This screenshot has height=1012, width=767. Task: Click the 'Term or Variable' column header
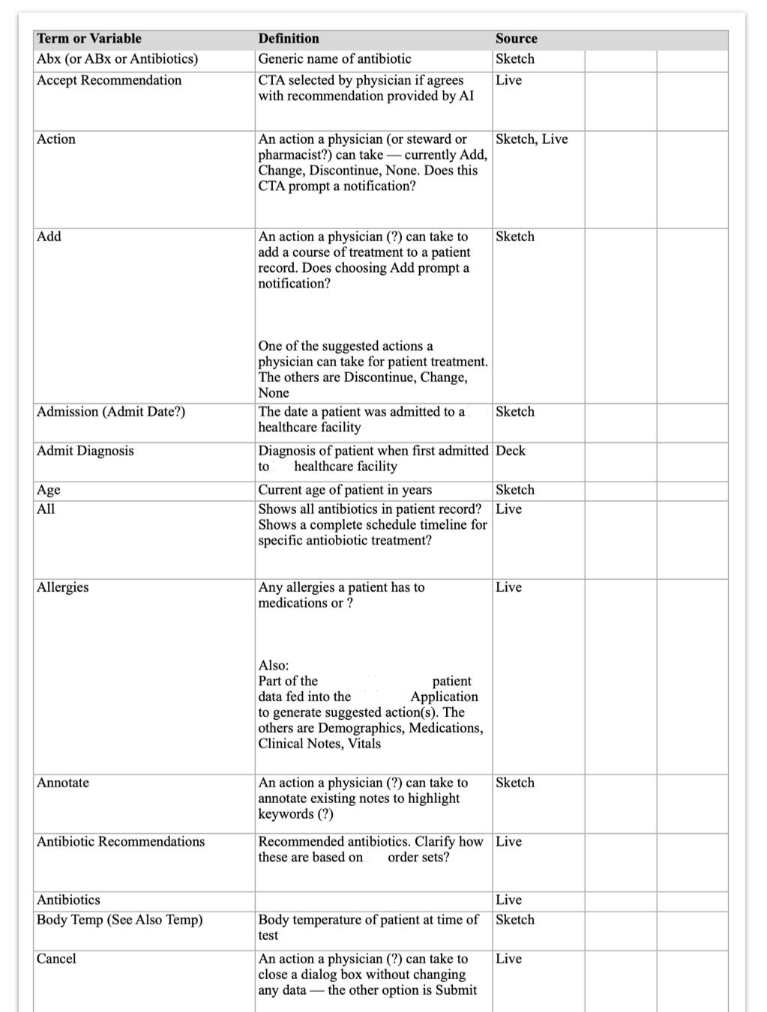[89, 39]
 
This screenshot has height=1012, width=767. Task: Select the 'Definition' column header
[289, 39]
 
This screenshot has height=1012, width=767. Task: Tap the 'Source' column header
[516, 39]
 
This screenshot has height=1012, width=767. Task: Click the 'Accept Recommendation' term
[109, 81]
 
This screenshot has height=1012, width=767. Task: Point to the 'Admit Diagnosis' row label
[85, 451]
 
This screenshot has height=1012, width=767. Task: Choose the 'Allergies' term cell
[62, 587]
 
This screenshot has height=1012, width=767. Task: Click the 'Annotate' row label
[63, 783]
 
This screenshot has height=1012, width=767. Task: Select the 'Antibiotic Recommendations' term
[121, 842]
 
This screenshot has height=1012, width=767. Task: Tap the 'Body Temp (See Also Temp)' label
[119, 920]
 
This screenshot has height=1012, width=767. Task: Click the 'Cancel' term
[56, 959]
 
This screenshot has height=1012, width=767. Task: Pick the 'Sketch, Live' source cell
[532, 139]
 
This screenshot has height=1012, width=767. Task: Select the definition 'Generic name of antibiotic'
[334, 59]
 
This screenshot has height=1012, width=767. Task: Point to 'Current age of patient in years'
[345, 490]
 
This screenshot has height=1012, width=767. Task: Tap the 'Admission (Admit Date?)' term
[111, 412]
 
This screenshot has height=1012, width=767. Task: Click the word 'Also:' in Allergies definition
[273, 665]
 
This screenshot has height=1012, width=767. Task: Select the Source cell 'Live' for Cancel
[508, 959]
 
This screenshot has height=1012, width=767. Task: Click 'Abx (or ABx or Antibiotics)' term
[117, 59]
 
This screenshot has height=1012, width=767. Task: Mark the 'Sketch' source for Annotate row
[514, 783]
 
